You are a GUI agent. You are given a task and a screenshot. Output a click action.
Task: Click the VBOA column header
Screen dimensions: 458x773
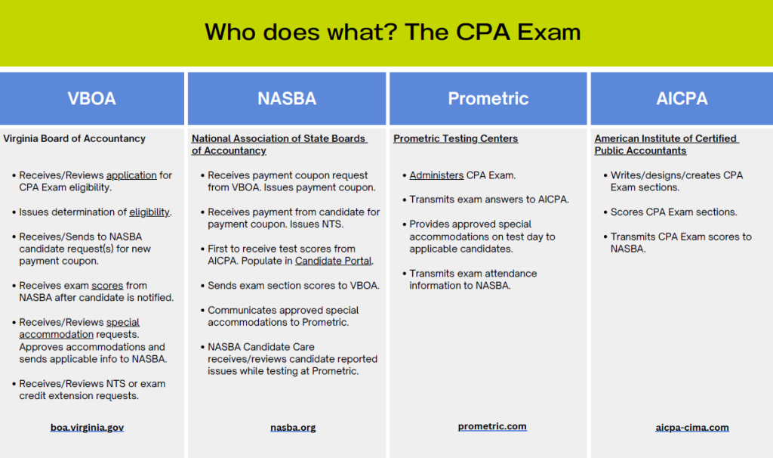91,99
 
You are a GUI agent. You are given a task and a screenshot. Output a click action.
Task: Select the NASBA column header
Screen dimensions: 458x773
286,99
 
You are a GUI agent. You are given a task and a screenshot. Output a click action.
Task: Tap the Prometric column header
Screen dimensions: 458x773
488,99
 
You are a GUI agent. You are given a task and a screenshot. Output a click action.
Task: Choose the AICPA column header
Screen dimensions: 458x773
682,99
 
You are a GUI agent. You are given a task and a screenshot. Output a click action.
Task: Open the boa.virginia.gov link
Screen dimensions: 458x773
87,428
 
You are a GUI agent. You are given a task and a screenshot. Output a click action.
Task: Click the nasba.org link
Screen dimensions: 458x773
293,428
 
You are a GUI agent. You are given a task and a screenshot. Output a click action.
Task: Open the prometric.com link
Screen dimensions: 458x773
492,426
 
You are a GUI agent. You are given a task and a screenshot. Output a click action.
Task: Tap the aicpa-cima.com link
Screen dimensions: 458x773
692,428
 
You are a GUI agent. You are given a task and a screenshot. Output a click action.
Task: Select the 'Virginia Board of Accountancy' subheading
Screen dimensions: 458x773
75,139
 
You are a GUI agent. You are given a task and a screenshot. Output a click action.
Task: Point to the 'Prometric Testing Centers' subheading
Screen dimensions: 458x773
455,139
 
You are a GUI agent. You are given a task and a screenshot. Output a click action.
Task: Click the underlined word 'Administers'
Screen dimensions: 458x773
436,175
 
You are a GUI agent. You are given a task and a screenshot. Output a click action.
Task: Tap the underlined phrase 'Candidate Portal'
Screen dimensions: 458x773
333,261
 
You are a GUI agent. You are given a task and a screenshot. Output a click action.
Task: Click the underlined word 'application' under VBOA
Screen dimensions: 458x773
131,175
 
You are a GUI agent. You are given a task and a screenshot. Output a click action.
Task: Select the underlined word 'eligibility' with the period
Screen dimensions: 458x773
149,212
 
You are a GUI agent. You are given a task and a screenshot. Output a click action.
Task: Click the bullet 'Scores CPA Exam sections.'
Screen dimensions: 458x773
673,212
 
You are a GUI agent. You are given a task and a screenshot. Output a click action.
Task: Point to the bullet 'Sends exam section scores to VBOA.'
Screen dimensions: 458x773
293,286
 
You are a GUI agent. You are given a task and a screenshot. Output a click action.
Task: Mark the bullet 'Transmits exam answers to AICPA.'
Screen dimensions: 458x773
488,200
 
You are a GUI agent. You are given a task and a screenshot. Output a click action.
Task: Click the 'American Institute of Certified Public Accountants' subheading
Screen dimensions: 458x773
667,144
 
